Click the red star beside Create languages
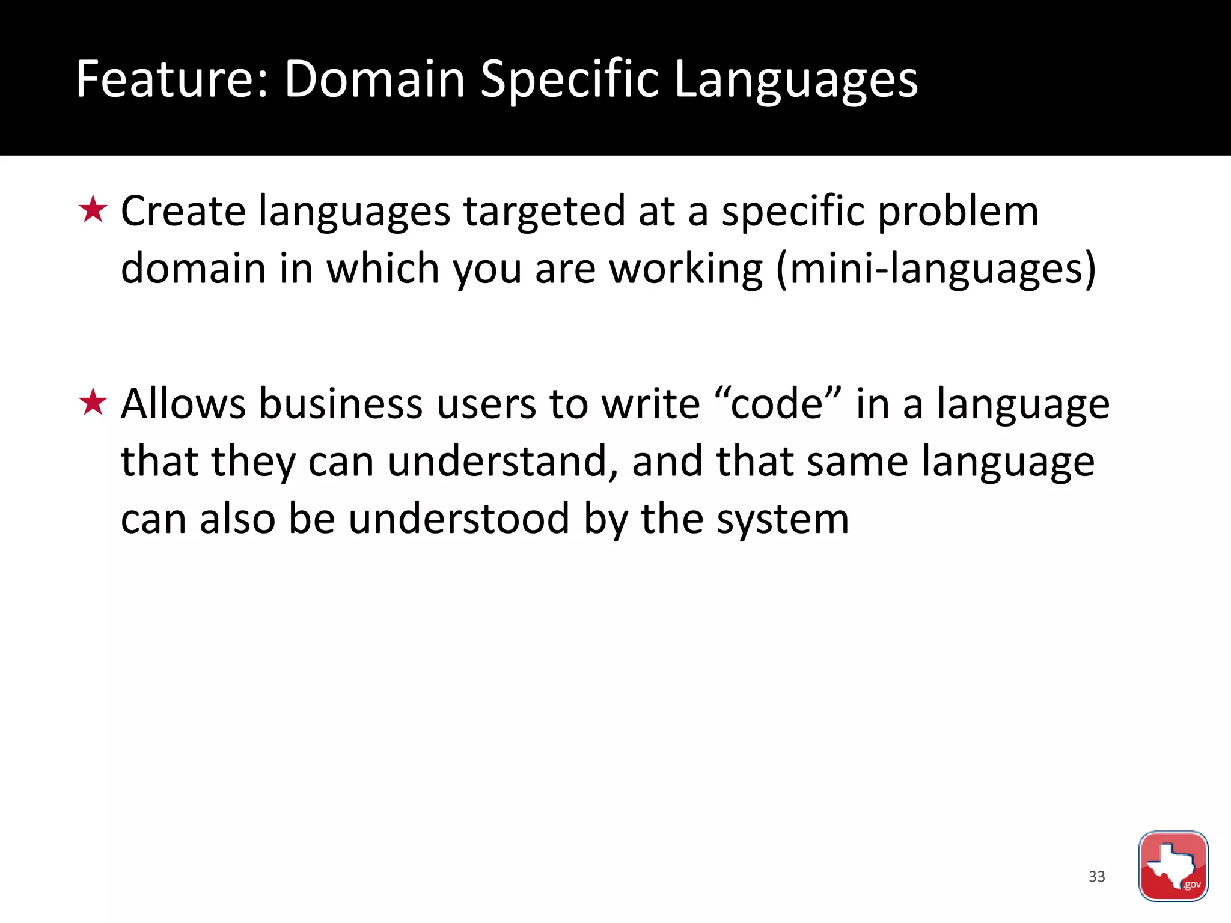[x=93, y=210]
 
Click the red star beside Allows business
[x=93, y=403]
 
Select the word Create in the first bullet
[x=183, y=212]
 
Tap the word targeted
[x=544, y=212]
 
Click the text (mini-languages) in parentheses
[x=936, y=269]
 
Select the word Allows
[x=183, y=403]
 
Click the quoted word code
[x=777, y=403]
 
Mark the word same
[x=857, y=461]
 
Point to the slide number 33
[x=1096, y=876]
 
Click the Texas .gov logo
[x=1173, y=866]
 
